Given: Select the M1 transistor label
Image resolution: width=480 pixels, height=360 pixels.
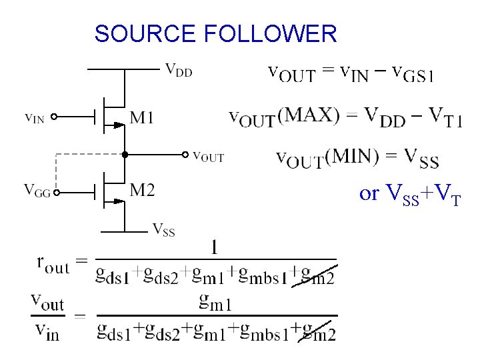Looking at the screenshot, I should pos(142,118).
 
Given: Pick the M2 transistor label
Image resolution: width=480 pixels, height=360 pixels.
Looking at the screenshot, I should pos(142,191).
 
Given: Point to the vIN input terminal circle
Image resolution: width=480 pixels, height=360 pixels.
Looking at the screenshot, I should pos(55,117).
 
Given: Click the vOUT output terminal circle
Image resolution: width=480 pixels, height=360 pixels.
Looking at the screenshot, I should pos(185,154).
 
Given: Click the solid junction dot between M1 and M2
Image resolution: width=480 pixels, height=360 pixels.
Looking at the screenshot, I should pos(124,154).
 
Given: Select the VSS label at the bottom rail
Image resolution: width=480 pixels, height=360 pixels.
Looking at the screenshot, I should pos(164,230).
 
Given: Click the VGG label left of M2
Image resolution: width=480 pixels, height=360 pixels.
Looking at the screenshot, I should pos(38,190).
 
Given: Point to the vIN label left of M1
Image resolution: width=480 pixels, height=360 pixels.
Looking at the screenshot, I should pos(35,118).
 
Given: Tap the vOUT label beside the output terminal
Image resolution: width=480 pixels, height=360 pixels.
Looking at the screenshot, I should pos(208,157).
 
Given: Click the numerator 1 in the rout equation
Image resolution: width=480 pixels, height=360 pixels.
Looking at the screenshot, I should pos(214,248).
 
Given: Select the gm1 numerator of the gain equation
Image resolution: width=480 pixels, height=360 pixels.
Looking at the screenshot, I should pos(215,303).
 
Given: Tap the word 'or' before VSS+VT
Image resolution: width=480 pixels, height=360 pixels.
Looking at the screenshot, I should pos(369,193).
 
